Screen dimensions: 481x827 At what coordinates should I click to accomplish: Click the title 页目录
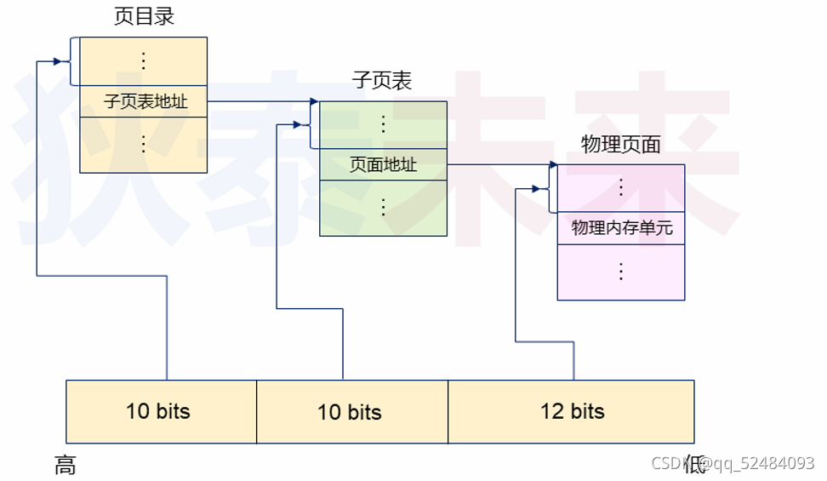pyautogui.click(x=144, y=16)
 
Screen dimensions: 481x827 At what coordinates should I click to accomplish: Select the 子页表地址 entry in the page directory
pyautogui.click(x=145, y=102)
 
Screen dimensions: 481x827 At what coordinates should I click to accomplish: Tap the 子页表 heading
pyautogui.click(x=382, y=80)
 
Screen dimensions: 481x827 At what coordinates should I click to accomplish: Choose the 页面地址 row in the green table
pyautogui.click(x=384, y=165)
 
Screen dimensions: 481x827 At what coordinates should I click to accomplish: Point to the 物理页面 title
pyautogui.click(x=620, y=144)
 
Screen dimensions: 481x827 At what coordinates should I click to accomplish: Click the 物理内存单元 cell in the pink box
pyautogui.click(x=621, y=228)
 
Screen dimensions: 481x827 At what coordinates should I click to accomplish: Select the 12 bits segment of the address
pyautogui.click(x=572, y=412)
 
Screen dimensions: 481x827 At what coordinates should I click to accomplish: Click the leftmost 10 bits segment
pyautogui.click(x=160, y=412)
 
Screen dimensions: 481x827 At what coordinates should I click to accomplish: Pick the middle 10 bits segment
pyautogui.click(x=351, y=412)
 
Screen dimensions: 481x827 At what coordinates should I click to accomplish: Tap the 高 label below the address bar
pyautogui.click(x=66, y=465)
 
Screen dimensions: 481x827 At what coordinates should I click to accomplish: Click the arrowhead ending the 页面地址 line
pyautogui.click(x=553, y=165)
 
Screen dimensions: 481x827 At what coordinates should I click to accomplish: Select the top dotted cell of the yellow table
pyautogui.click(x=143, y=61)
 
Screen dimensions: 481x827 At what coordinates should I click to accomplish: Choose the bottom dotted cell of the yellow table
pyautogui.click(x=143, y=145)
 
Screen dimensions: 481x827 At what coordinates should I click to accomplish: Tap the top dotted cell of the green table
pyautogui.click(x=383, y=125)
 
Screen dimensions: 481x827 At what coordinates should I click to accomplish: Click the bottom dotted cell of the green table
pyautogui.click(x=383, y=208)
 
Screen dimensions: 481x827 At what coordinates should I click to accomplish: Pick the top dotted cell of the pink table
pyautogui.click(x=620, y=187)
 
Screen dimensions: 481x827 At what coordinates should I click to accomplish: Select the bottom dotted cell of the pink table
pyautogui.click(x=620, y=272)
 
